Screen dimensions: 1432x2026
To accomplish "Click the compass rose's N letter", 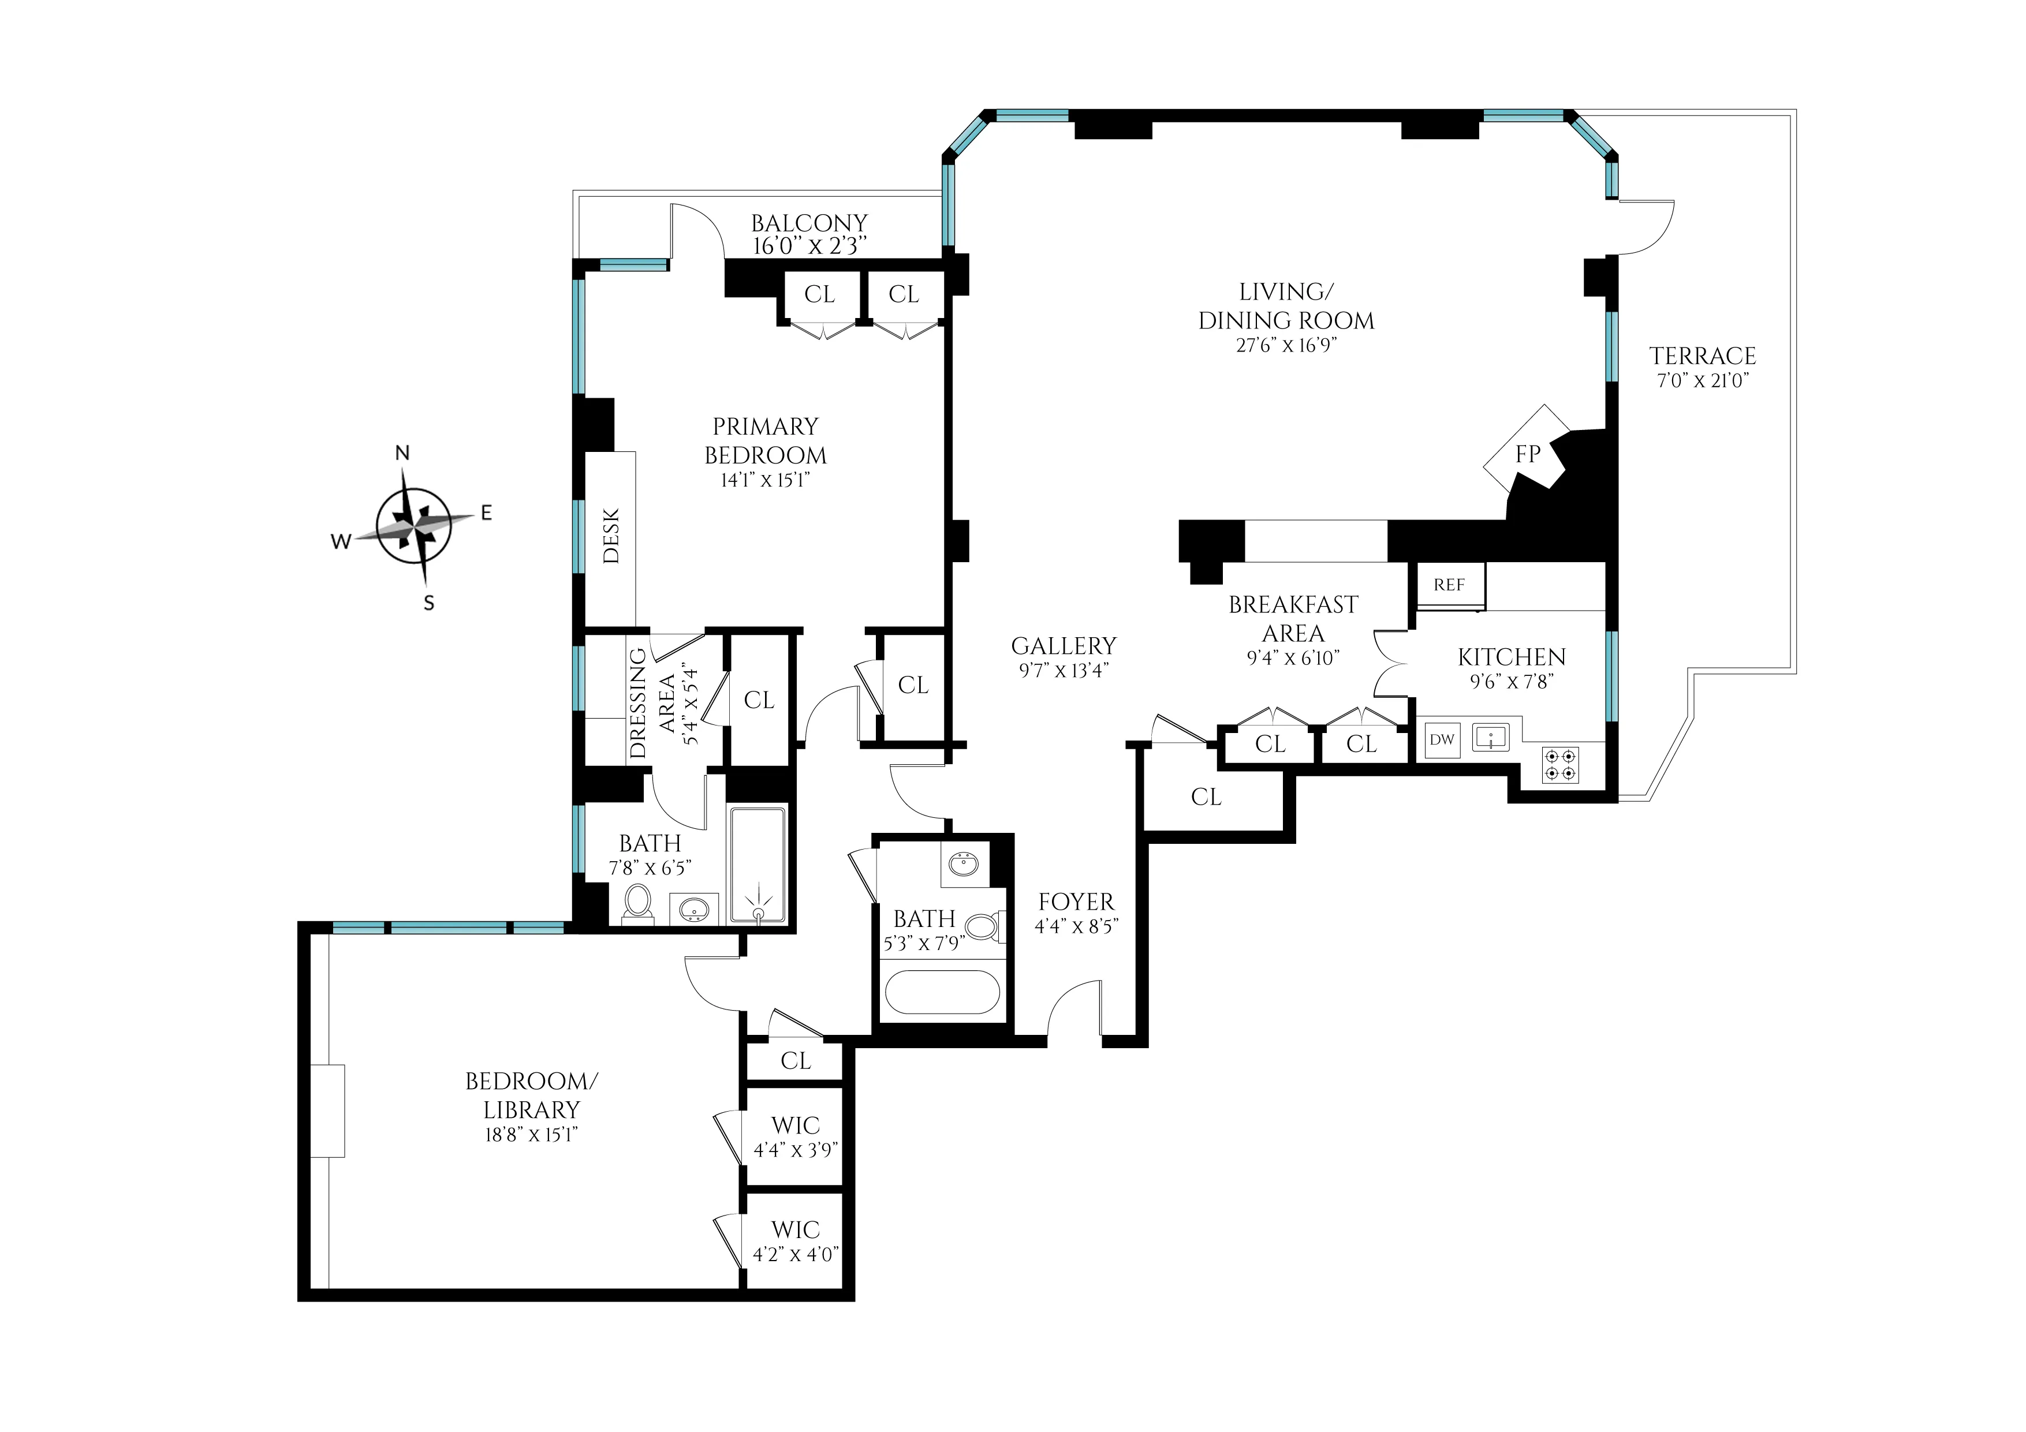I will point(402,454).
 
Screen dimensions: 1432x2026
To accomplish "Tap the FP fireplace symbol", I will point(1528,454).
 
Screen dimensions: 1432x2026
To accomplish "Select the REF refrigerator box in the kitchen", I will point(1449,585).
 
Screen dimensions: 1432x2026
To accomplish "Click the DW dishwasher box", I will point(1441,739).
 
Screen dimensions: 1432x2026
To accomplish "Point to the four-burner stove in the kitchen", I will point(1560,764).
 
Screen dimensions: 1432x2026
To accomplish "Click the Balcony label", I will point(809,223).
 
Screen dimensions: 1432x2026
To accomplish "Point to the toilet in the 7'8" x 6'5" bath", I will point(636,903).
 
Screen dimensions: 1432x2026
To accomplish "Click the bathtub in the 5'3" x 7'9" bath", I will point(942,993).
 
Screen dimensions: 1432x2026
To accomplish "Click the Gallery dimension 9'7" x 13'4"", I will point(1064,671).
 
